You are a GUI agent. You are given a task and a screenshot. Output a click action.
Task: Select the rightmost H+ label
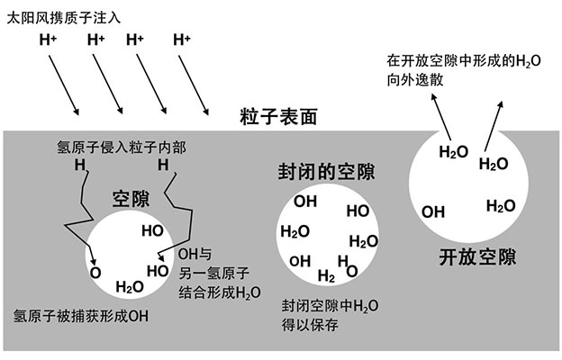click(183, 40)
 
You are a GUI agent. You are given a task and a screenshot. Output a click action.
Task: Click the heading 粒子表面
click(278, 117)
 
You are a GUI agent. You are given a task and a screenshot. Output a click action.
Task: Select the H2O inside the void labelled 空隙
click(130, 287)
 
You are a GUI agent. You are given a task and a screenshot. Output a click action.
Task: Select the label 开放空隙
click(478, 256)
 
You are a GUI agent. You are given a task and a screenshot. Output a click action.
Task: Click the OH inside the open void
click(434, 211)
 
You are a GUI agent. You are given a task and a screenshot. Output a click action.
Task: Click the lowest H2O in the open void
click(501, 205)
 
